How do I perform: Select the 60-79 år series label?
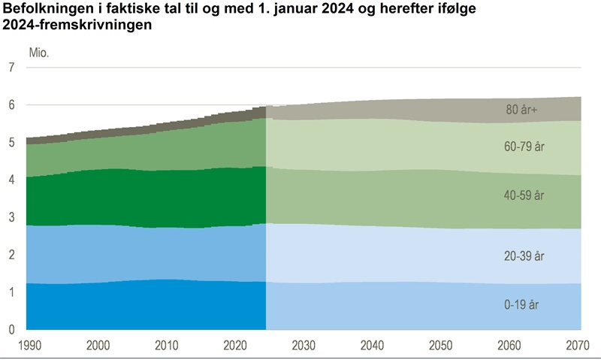(524, 147)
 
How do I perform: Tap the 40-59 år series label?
(524, 195)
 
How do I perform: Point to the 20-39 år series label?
(524, 256)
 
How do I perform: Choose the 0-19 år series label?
(521, 305)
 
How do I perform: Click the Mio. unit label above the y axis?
(39, 52)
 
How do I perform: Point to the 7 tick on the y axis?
(11, 68)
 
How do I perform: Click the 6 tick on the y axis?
(11, 105)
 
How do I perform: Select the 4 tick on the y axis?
(11, 180)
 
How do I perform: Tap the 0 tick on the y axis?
(11, 329)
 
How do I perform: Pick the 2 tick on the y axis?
(11, 255)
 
